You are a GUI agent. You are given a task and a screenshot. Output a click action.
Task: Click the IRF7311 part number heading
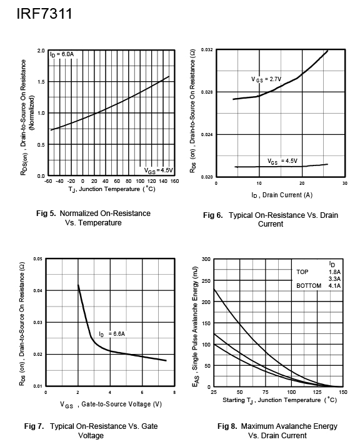pyautogui.click(x=44, y=14)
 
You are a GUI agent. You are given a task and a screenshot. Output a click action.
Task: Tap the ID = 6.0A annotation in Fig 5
pyautogui.click(x=62, y=54)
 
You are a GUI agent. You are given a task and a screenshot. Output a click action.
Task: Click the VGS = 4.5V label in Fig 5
pyautogui.click(x=158, y=170)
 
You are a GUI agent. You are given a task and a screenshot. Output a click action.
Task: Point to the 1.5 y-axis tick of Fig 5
pyautogui.click(x=41, y=82)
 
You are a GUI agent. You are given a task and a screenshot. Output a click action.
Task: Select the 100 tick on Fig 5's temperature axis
pyautogui.click(x=140, y=181)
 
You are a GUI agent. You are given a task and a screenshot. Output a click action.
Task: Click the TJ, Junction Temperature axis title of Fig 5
pyautogui.click(x=112, y=189)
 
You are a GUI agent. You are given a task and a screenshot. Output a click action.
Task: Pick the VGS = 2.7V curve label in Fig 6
pyautogui.click(x=266, y=79)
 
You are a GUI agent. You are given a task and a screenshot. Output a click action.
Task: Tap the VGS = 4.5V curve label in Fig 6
pyautogui.click(x=282, y=161)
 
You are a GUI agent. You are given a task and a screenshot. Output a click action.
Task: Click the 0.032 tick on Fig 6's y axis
pyautogui.click(x=207, y=49)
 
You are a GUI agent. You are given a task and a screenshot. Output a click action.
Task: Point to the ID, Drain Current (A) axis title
pyautogui.click(x=282, y=195)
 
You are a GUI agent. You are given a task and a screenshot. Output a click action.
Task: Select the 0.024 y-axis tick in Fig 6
pyautogui.click(x=207, y=134)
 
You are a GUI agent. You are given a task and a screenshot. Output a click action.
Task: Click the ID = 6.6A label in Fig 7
pyautogui.click(x=112, y=334)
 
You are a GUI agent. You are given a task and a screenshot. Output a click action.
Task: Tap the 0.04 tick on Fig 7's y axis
pyautogui.click(x=37, y=291)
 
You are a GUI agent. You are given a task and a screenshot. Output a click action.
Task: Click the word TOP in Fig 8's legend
pyautogui.click(x=302, y=272)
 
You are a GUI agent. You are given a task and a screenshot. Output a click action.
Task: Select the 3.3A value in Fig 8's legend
pyautogui.click(x=334, y=279)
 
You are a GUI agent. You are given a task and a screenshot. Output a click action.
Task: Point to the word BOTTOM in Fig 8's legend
pyautogui.click(x=309, y=286)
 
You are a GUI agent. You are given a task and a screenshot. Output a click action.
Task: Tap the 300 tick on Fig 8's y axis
pyautogui.click(x=206, y=259)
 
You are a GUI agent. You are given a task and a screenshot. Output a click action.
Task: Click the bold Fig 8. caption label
pyautogui.click(x=227, y=426)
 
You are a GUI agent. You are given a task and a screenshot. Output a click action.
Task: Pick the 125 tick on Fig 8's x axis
pyautogui.click(x=317, y=392)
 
